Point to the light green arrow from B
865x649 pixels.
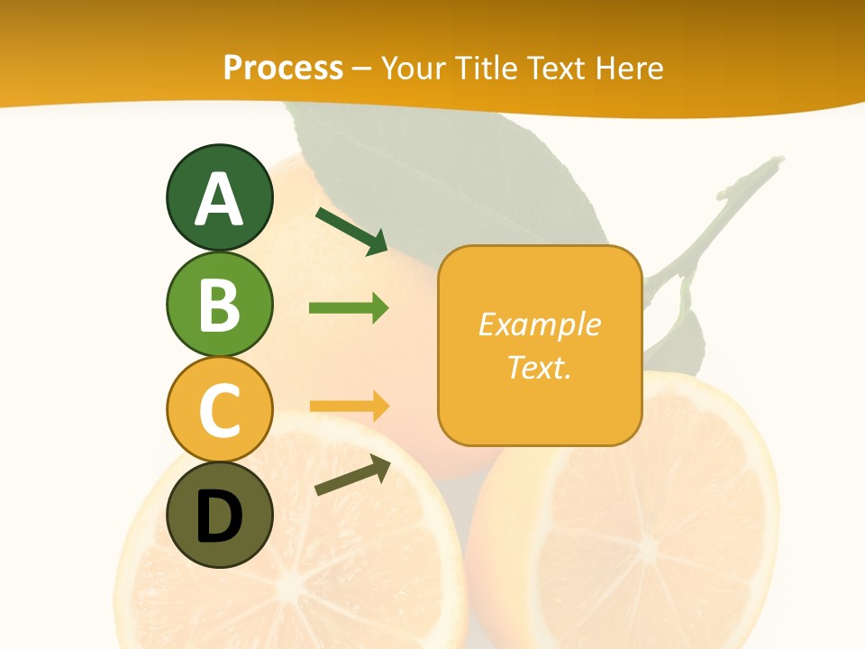pos(349,308)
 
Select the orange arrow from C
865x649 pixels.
pos(349,407)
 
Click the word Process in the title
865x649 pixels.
pos(283,68)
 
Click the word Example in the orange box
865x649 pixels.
pos(539,324)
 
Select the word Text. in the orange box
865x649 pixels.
pos(539,367)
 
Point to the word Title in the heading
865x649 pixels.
pos(487,68)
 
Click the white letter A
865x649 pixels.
pos(219,198)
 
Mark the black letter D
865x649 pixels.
pos(219,517)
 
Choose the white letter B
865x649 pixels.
pos(219,305)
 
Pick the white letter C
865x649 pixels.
pos(219,409)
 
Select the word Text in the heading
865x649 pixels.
pos(559,68)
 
